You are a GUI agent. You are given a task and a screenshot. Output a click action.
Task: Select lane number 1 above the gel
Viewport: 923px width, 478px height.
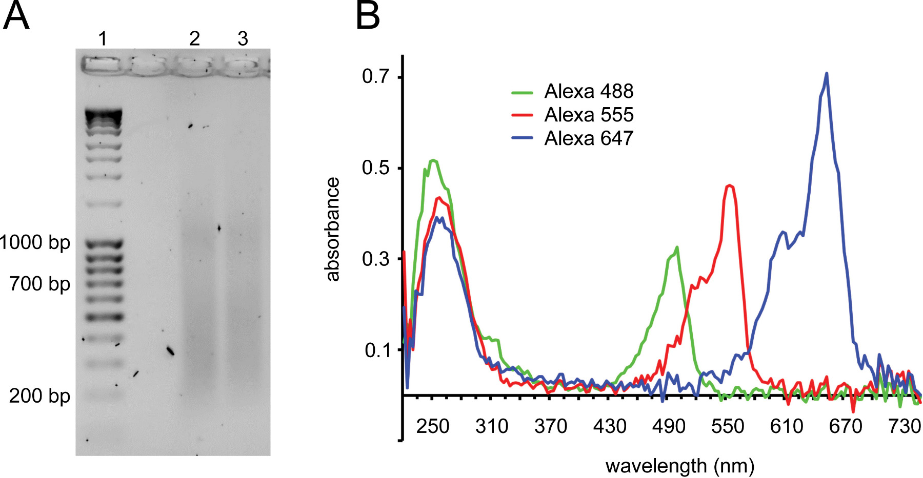click(x=103, y=38)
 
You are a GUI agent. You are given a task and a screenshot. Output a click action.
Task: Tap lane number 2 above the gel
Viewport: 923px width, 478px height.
click(x=194, y=38)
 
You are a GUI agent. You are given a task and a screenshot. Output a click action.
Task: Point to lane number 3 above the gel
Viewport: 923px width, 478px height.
click(x=243, y=38)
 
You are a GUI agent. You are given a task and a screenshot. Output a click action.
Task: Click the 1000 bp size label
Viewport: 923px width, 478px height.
click(x=35, y=242)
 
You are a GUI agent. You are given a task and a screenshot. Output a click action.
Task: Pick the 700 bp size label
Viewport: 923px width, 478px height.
click(x=39, y=283)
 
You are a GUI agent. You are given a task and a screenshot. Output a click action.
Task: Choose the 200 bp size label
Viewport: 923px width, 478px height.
click(x=39, y=396)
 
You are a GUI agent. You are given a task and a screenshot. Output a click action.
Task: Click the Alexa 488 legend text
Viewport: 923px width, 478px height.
click(x=589, y=91)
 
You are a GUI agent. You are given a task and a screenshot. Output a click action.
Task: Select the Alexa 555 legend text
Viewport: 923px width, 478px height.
click(x=589, y=115)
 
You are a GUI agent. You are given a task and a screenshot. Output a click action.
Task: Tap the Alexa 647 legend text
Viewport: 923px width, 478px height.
click(x=589, y=138)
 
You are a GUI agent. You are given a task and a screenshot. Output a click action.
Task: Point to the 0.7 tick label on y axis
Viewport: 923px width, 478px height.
click(x=375, y=77)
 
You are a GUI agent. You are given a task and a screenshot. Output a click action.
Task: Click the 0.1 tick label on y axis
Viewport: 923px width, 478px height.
click(x=377, y=350)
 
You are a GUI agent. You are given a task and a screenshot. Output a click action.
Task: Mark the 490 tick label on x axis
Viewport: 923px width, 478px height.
click(x=669, y=426)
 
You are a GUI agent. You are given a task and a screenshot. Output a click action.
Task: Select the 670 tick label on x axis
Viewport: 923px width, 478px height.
click(x=846, y=426)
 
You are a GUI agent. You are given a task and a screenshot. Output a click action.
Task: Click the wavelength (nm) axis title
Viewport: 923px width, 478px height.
click(x=680, y=466)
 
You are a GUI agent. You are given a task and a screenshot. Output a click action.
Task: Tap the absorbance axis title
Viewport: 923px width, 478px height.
click(x=333, y=229)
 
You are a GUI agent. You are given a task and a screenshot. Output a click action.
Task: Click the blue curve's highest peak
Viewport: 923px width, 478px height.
click(x=826, y=74)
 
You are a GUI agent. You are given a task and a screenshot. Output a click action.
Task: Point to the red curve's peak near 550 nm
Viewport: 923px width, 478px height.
click(x=730, y=185)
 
